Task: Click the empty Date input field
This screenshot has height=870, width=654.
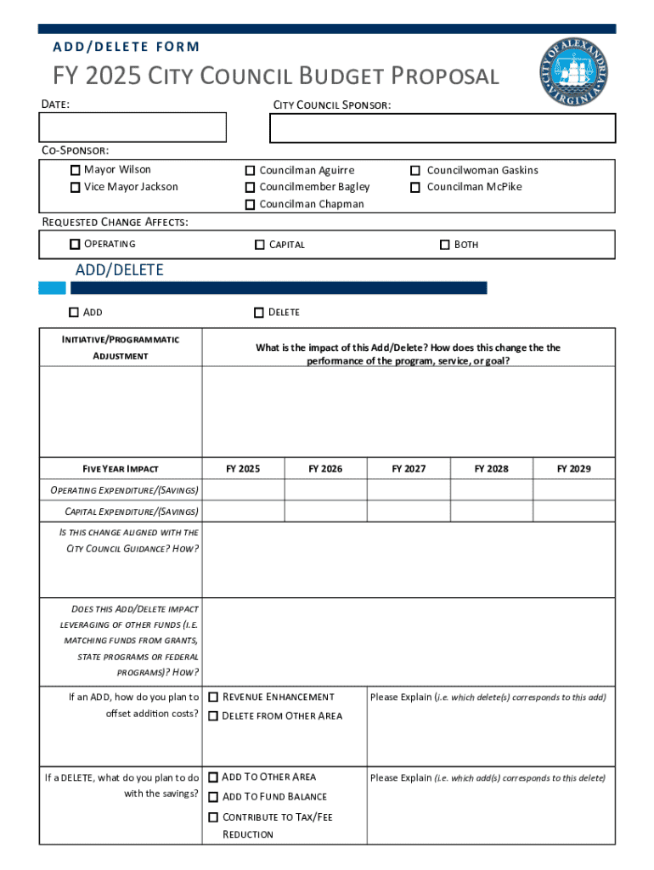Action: pyautogui.click(x=132, y=127)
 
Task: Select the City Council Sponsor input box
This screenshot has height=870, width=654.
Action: pyautogui.click(x=442, y=127)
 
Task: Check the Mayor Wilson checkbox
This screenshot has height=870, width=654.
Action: pyautogui.click(x=76, y=170)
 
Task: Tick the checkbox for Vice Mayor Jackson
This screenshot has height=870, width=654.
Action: pyautogui.click(x=76, y=187)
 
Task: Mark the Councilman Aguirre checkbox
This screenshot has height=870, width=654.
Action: pyautogui.click(x=251, y=171)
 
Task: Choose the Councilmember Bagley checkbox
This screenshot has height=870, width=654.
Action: pyautogui.click(x=251, y=187)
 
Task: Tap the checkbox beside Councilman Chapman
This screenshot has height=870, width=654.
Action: pyautogui.click(x=251, y=205)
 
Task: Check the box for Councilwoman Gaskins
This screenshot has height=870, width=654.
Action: pyautogui.click(x=415, y=171)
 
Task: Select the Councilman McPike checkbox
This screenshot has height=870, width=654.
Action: pyautogui.click(x=415, y=187)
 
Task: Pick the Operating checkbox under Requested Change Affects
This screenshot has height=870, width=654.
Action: pyautogui.click(x=76, y=245)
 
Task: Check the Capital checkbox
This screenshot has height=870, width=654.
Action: pyautogui.click(x=260, y=245)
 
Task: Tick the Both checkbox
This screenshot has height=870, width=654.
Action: pyautogui.click(x=444, y=245)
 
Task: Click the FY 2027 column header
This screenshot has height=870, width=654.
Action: pyautogui.click(x=409, y=469)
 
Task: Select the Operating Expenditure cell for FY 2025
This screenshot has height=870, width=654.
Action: pyautogui.click(x=243, y=490)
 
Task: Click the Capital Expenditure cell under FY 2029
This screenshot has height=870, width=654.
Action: pyautogui.click(x=573, y=511)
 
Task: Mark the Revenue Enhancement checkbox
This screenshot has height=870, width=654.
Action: pyautogui.click(x=213, y=698)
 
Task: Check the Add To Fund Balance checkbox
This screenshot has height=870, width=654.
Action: pyautogui.click(x=213, y=797)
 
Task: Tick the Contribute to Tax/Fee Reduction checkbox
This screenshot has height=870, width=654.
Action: pyautogui.click(x=213, y=817)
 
